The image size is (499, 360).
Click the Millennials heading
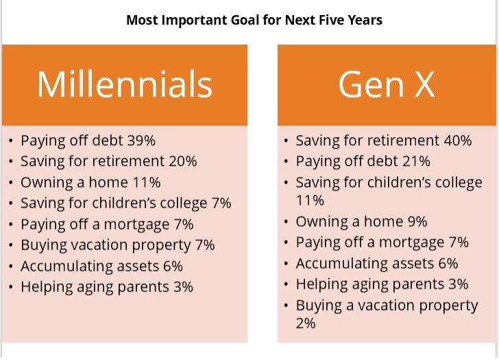pos(125,84)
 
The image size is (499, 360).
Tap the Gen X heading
pos(387,84)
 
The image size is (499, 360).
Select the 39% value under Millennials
pos(141,141)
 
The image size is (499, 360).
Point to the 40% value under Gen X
pos(458,141)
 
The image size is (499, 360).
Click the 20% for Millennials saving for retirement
pos(182,161)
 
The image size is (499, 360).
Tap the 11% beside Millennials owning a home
pos(147,182)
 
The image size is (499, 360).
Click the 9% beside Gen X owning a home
pos(417,221)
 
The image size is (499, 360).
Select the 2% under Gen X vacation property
pos(306,323)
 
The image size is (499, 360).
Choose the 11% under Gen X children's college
pos(310,200)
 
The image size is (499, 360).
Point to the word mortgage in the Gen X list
pos(411,243)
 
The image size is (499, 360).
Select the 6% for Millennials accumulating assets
pos(173,266)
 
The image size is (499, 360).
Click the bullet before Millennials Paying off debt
pos(11,141)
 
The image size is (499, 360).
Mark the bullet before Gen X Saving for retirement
pos(286,141)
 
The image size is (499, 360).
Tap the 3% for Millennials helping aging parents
pos(183,287)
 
